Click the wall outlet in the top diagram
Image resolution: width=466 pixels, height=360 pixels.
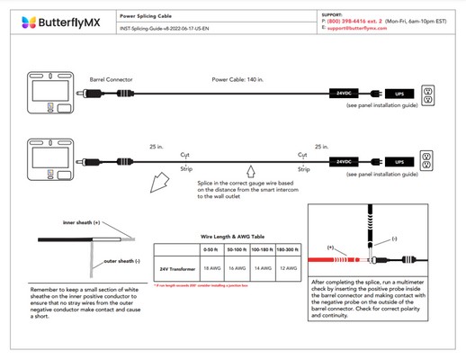pyautogui.click(x=427, y=93)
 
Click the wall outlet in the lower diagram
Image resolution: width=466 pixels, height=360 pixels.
pyautogui.click(x=427, y=158)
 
